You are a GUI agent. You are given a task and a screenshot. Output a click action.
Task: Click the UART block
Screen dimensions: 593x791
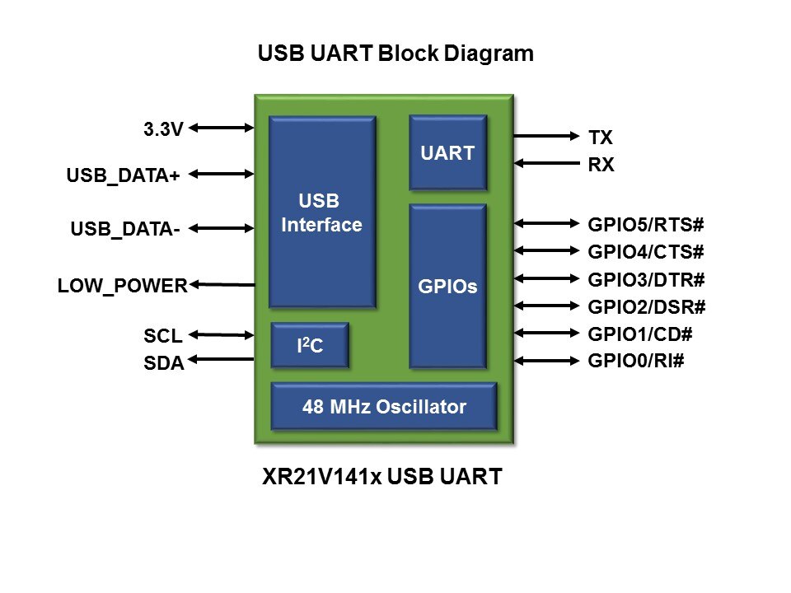448,152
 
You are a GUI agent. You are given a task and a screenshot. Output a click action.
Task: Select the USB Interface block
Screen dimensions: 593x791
322,212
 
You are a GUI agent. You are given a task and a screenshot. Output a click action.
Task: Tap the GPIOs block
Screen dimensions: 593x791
448,287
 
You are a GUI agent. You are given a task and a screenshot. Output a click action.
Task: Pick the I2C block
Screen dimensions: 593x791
310,346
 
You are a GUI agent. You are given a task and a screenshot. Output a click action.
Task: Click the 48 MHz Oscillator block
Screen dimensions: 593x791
384,407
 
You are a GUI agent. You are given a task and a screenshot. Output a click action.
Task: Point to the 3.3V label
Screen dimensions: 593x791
163,128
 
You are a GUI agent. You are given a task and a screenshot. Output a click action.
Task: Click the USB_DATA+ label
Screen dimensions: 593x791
124,175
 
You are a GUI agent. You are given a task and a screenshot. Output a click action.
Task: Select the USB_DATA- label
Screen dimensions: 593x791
126,229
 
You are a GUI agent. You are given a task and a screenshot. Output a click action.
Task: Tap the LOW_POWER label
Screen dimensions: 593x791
123,286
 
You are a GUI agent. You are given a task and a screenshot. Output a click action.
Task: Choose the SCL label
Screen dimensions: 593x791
163,336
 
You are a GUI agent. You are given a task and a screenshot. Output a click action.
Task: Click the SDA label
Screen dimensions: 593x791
163,362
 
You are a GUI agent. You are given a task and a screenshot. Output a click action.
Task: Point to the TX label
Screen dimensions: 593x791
601,137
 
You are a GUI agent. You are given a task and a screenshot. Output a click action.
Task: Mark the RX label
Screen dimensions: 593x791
601,166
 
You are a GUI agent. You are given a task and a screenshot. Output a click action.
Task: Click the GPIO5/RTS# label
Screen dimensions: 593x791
647,224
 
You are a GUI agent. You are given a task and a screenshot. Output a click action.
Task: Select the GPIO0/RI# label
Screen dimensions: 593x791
636,361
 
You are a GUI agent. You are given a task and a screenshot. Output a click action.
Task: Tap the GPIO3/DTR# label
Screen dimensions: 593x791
647,279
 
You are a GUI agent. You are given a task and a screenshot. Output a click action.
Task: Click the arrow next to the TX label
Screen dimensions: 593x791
546,135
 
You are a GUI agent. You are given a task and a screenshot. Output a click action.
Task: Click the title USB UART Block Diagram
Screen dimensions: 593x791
395,54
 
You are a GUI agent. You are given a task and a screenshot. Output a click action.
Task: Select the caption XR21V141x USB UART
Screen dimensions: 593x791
381,477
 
